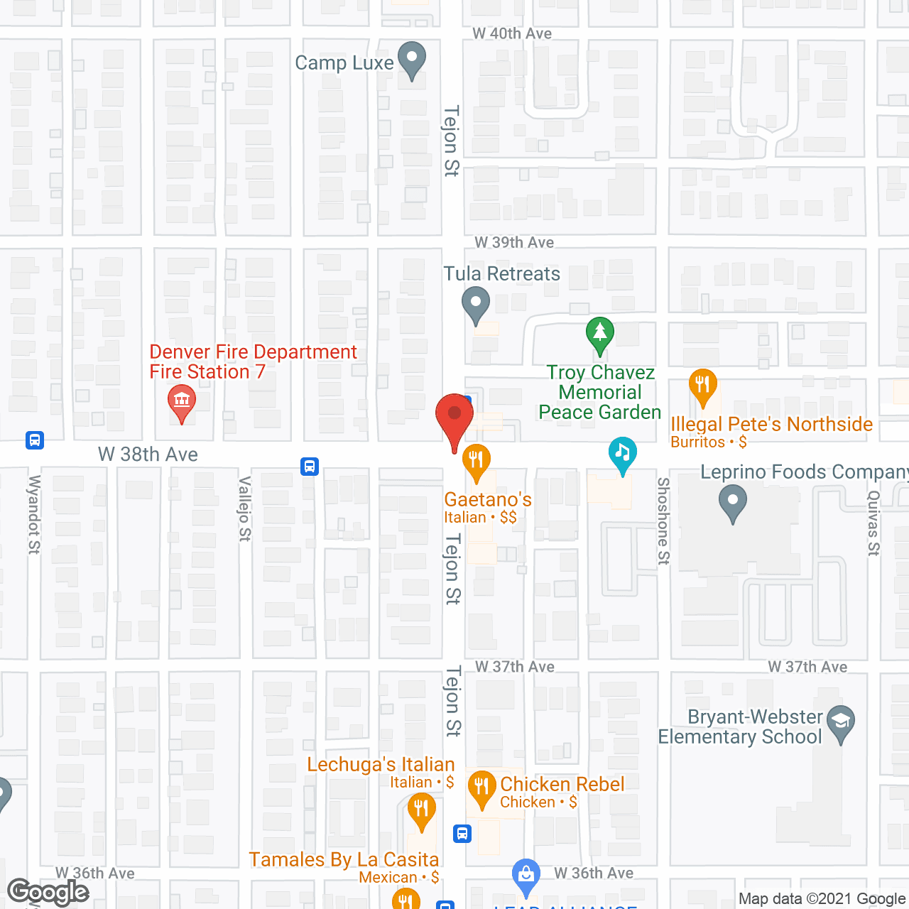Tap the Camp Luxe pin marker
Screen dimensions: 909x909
click(x=411, y=60)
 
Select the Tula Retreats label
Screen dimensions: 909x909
click(x=502, y=274)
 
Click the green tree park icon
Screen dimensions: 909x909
click(x=600, y=334)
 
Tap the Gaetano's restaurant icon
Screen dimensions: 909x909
click(x=477, y=461)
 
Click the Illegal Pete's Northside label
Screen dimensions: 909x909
click(x=771, y=425)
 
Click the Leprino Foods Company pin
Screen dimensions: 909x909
click(x=733, y=502)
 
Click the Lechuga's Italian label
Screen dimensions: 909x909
click(x=381, y=765)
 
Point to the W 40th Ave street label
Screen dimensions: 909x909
click(x=512, y=33)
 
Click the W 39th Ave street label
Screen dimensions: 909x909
click(x=514, y=243)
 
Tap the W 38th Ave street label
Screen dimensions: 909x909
click(x=148, y=454)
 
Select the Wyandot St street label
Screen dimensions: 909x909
click(x=33, y=514)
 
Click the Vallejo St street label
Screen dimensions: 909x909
click(x=244, y=508)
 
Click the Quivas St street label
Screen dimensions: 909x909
click(x=873, y=523)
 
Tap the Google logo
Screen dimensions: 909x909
click(x=48, y=892)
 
